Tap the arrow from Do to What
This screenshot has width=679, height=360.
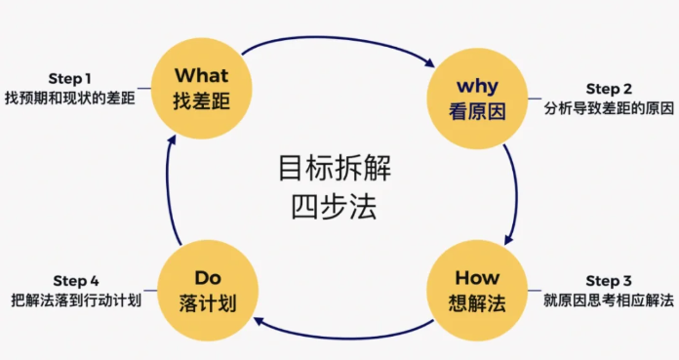pos(168,190)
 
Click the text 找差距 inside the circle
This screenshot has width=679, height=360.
pos(201,100)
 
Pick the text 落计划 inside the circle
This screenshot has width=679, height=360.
pos(208,302)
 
